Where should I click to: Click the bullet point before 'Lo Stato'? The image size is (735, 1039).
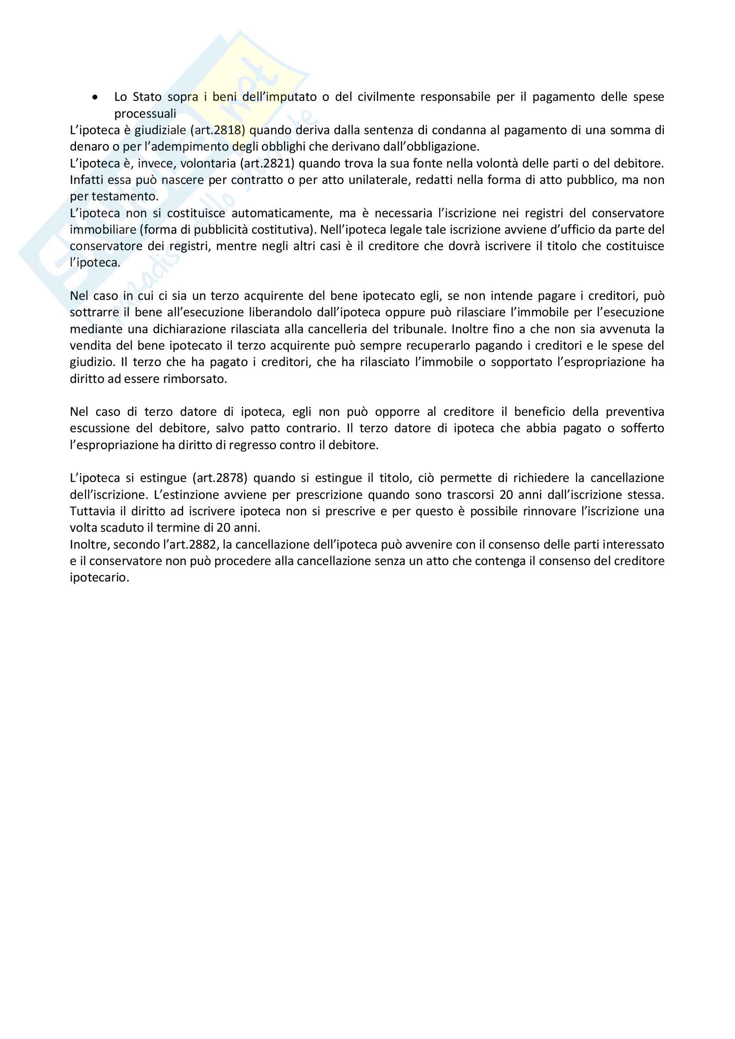[x=95, y=97]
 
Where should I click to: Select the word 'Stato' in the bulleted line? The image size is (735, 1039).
[x=147, y=97]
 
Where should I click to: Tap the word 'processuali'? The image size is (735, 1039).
[x=145, y=114]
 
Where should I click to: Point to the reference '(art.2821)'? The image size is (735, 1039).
[x=267, y=163]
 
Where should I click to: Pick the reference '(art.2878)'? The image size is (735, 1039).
[x=220, y=478]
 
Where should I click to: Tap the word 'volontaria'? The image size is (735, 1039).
[x=208, y=163]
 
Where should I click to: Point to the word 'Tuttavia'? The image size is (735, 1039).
[x=92, y=511]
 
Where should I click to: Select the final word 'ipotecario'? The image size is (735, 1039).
[x=99, y=578]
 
